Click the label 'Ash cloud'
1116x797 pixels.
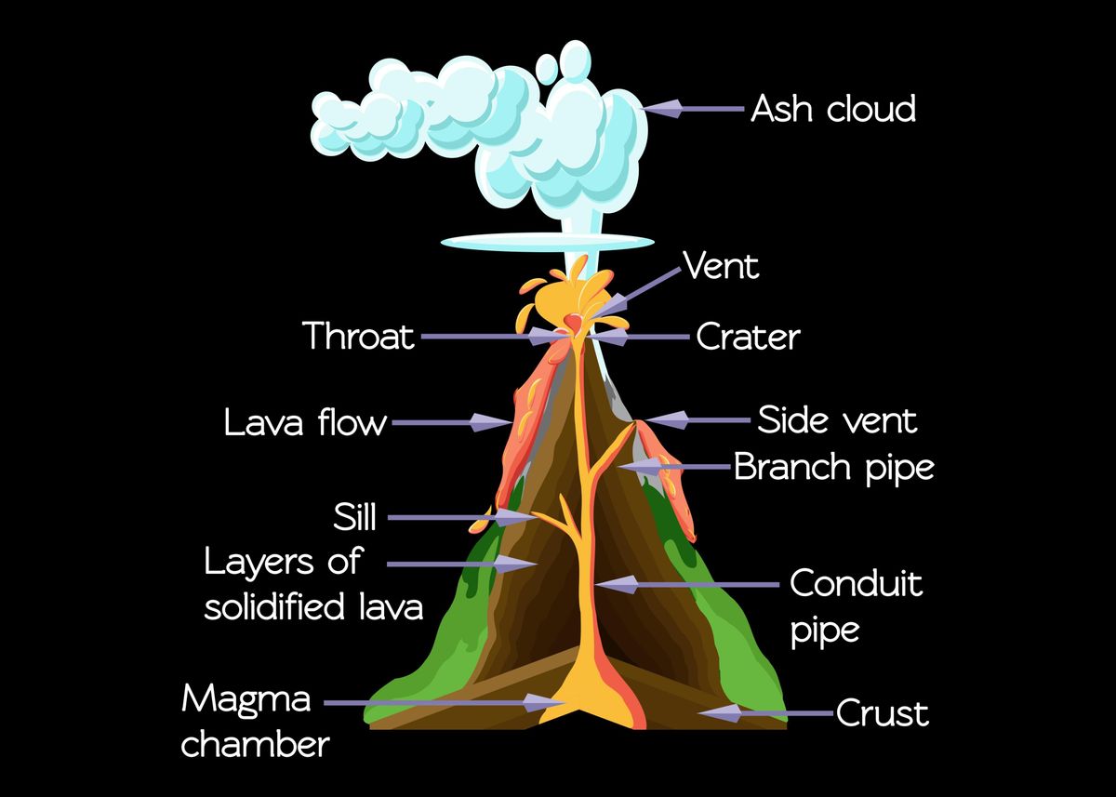832,110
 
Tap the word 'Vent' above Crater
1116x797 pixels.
722,266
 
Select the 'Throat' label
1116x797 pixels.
359,337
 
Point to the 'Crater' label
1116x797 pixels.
748,337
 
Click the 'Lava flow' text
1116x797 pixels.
305,423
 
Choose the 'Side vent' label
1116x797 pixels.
837,420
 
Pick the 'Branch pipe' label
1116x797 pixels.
833,467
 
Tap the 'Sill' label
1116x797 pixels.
354,516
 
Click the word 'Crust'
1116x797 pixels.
882,714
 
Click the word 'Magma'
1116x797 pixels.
246,698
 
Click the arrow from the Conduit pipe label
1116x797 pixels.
688,585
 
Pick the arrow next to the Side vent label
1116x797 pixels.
697,420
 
